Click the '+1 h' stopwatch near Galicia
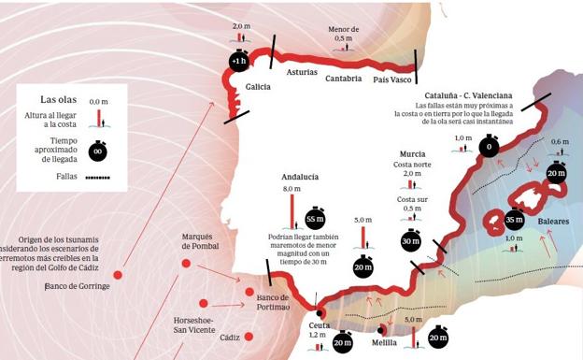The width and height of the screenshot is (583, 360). pos(237,62)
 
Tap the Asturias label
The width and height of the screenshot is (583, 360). pos(303,72)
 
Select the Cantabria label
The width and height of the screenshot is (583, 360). pos(343,79)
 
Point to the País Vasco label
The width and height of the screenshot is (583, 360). pos(392,79)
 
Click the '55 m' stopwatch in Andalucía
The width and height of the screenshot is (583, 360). pos(315,221)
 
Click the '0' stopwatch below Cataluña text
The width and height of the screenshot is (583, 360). pos(487,147)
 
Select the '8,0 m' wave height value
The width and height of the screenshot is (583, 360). pos(292,189)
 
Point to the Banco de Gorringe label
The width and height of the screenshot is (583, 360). pos(78,286)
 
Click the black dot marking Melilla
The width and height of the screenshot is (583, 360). pos(380,329)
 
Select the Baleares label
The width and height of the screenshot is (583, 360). pos(556,221)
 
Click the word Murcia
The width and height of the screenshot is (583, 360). pos(412,153)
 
